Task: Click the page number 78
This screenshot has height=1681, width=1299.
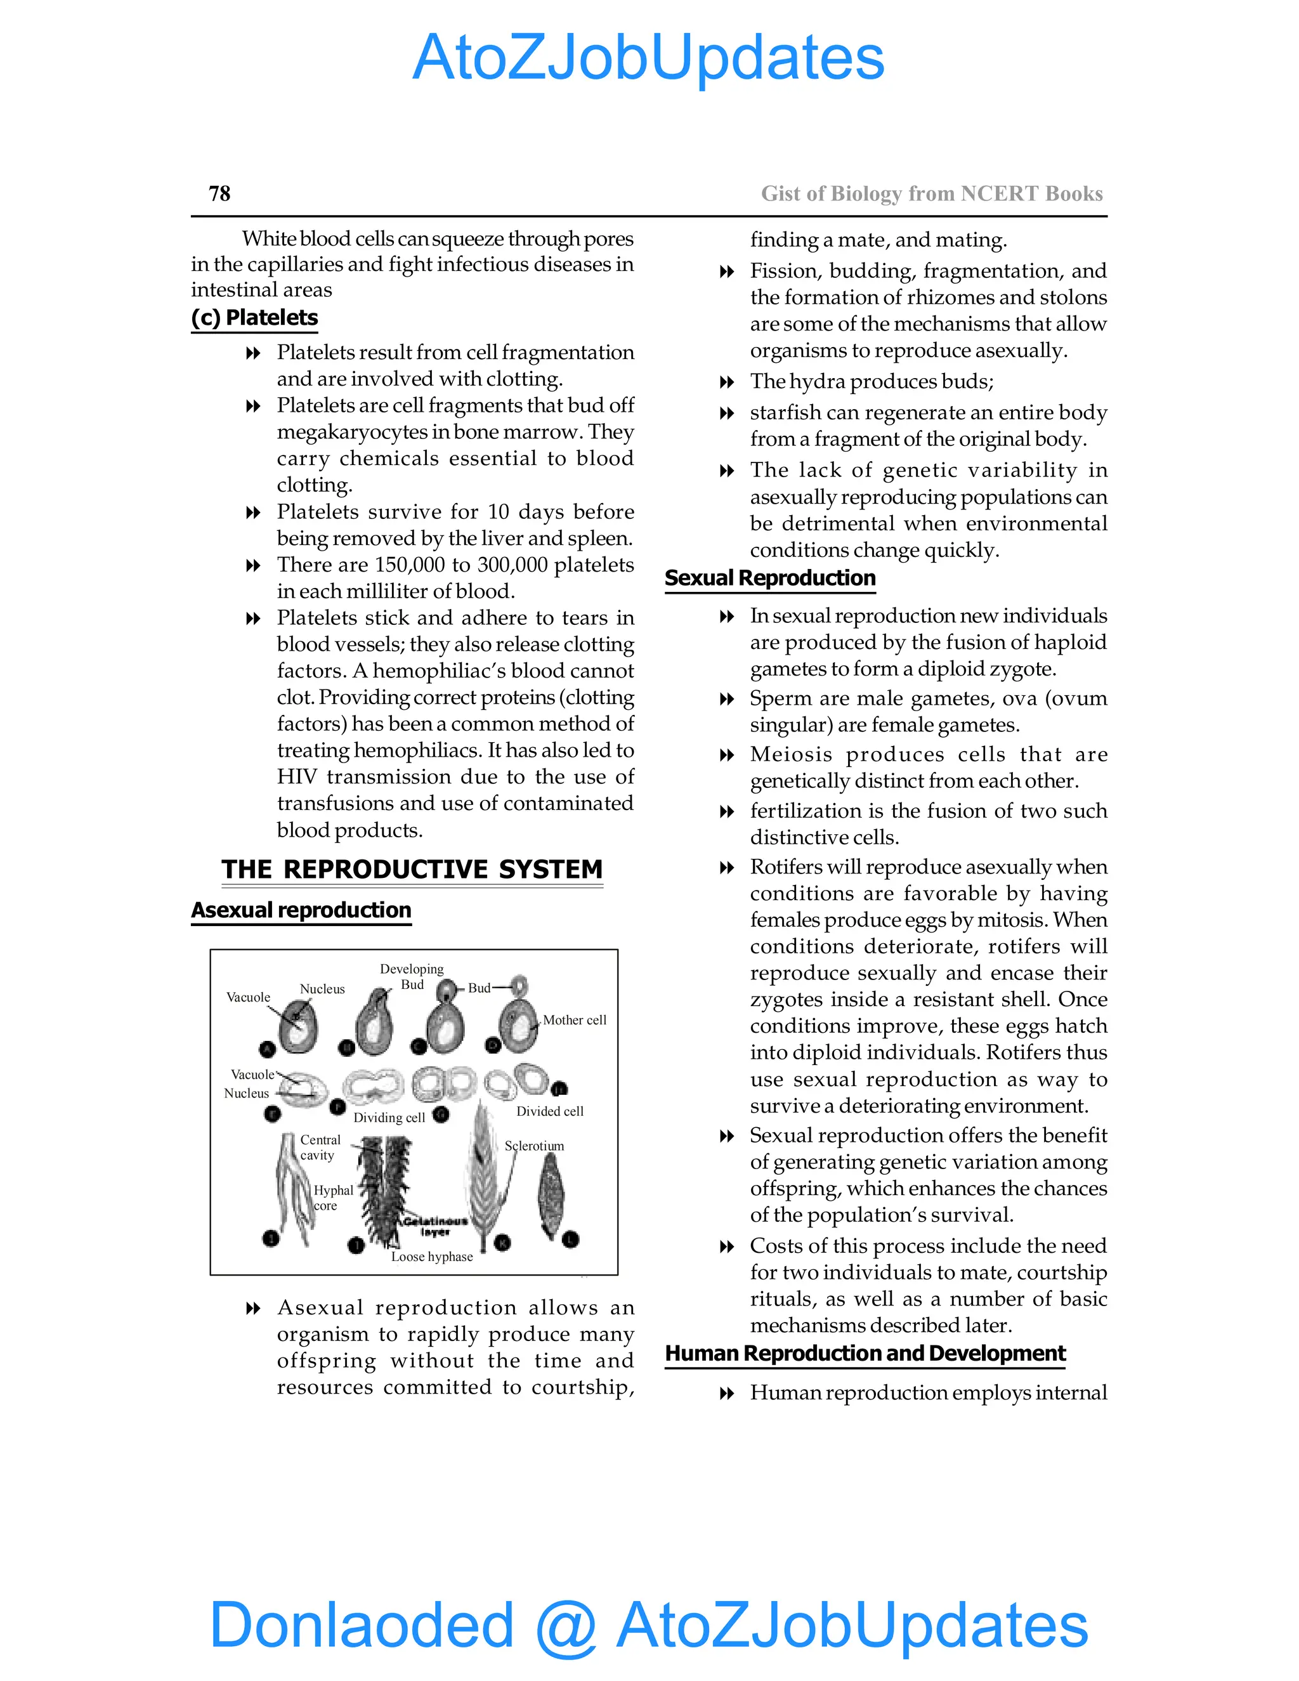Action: [x=219, y=193]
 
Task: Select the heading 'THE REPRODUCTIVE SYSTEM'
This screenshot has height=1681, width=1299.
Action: [x=412, y=869]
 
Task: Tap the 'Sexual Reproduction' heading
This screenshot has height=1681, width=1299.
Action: [x=769, y=578]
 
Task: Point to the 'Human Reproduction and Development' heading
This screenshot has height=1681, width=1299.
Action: [x=865, y=1353]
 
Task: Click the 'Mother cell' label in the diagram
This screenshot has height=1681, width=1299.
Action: [x=574, y=1020]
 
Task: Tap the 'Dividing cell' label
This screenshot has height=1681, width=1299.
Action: [x=389, y=1118]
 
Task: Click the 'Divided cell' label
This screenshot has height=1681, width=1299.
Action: [x=549, y=1111]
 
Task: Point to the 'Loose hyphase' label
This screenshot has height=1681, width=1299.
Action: [x=432, y=1257]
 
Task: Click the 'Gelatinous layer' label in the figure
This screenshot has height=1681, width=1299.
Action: [x=434, y=1226]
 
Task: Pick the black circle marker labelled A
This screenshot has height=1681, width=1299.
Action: [x=267, y=1049]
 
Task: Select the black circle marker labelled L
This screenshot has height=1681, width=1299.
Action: [x=570, y=1239]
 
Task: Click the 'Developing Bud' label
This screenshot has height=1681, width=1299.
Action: [x=412, y=976]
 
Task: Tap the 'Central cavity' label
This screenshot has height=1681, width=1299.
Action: [x=320, y=1147]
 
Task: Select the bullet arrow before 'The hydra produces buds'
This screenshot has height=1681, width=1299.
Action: [x=726, y=382]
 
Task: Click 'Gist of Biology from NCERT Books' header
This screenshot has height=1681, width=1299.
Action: [x=931, y=193]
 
